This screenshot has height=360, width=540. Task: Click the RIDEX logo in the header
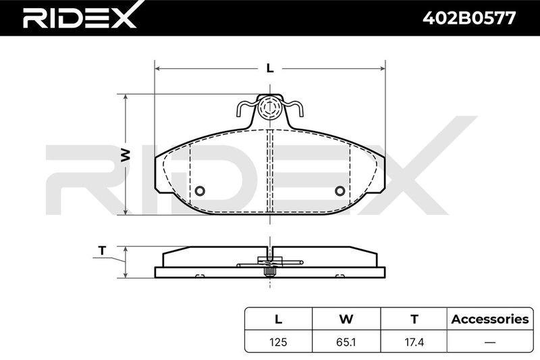(80, 18)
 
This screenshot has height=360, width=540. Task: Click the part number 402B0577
(469, 18)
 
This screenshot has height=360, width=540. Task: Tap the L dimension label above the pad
(271, 68)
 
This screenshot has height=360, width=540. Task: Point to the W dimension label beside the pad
(126, 155)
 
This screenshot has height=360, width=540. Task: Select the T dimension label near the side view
(102, 251)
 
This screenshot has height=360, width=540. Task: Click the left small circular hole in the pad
(200, 190)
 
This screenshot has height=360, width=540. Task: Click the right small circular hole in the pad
(340, 190)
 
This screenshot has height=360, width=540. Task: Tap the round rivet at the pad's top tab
(270, 107)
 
